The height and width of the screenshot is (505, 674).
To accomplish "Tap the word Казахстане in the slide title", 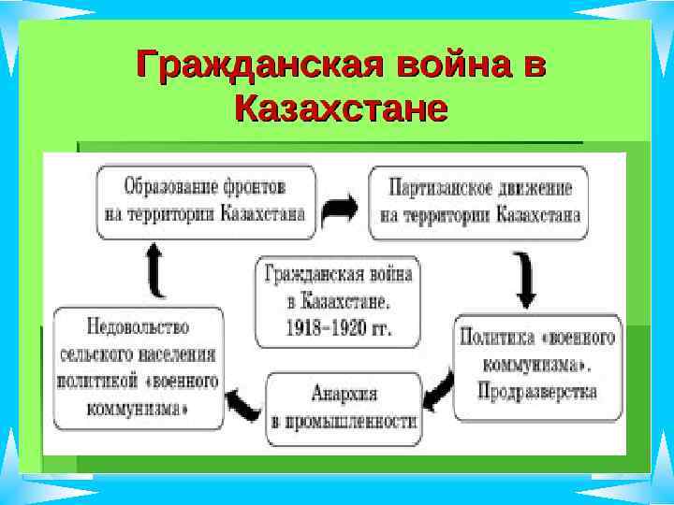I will click(341, 108).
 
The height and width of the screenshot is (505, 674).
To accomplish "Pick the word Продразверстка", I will click(538, 390).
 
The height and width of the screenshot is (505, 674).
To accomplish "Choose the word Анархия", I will click(344, 394).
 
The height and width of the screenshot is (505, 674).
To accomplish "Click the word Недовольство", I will click(138, 328).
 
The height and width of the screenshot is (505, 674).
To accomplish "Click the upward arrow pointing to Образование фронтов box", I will click(156, 270).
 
